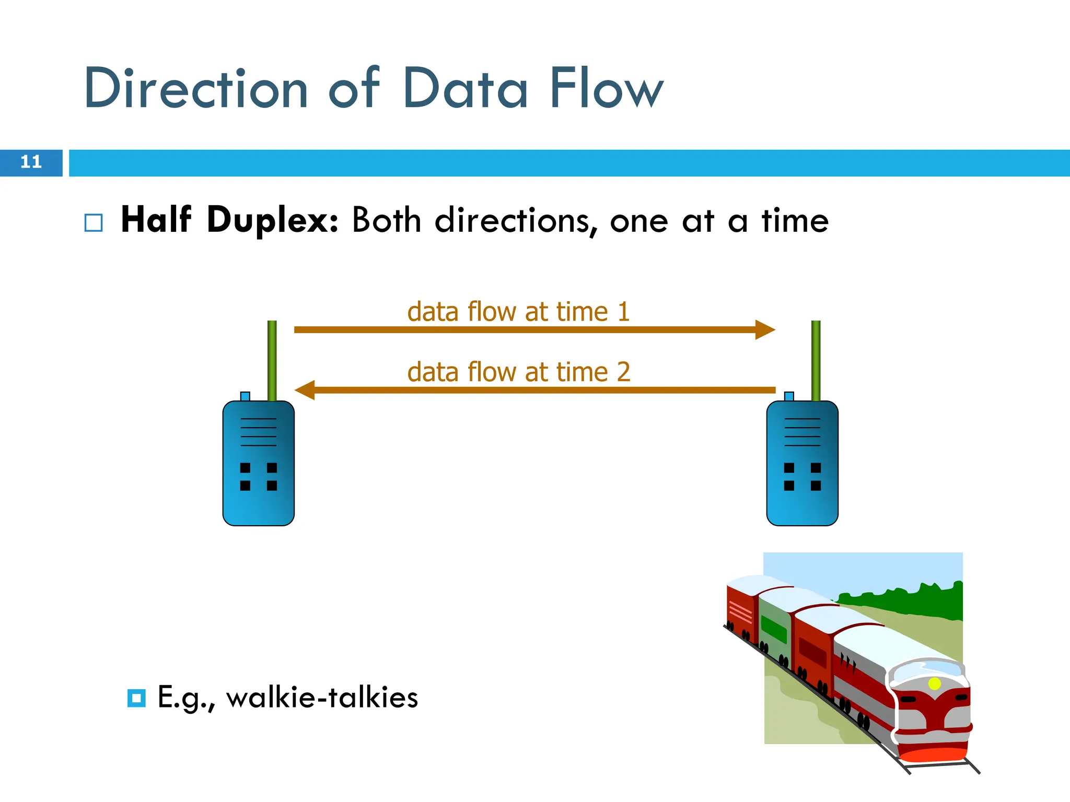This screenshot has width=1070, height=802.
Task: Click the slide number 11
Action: pos(31,162)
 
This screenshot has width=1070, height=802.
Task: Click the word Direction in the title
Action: pos(196,89)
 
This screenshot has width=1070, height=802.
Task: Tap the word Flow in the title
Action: pos(606,89)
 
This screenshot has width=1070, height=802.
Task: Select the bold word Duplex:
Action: pos(273,220)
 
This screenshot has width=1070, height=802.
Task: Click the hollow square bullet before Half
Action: pos(94,223)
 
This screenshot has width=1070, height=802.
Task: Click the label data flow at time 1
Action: pos(518,312)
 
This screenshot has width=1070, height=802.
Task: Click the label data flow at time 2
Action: pos(518,372)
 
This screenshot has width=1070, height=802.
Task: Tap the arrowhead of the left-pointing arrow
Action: pos(305,390)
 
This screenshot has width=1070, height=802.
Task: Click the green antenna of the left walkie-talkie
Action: pos(272,360)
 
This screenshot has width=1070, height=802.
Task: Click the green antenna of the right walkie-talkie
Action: pos(816,360)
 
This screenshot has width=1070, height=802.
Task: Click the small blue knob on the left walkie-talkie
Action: pos(245,396)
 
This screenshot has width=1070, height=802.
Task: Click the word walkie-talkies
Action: pos(322,698)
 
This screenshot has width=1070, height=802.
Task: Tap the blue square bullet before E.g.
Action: pos(136,698)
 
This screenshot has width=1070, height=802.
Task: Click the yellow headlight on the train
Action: pos(934,683)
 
